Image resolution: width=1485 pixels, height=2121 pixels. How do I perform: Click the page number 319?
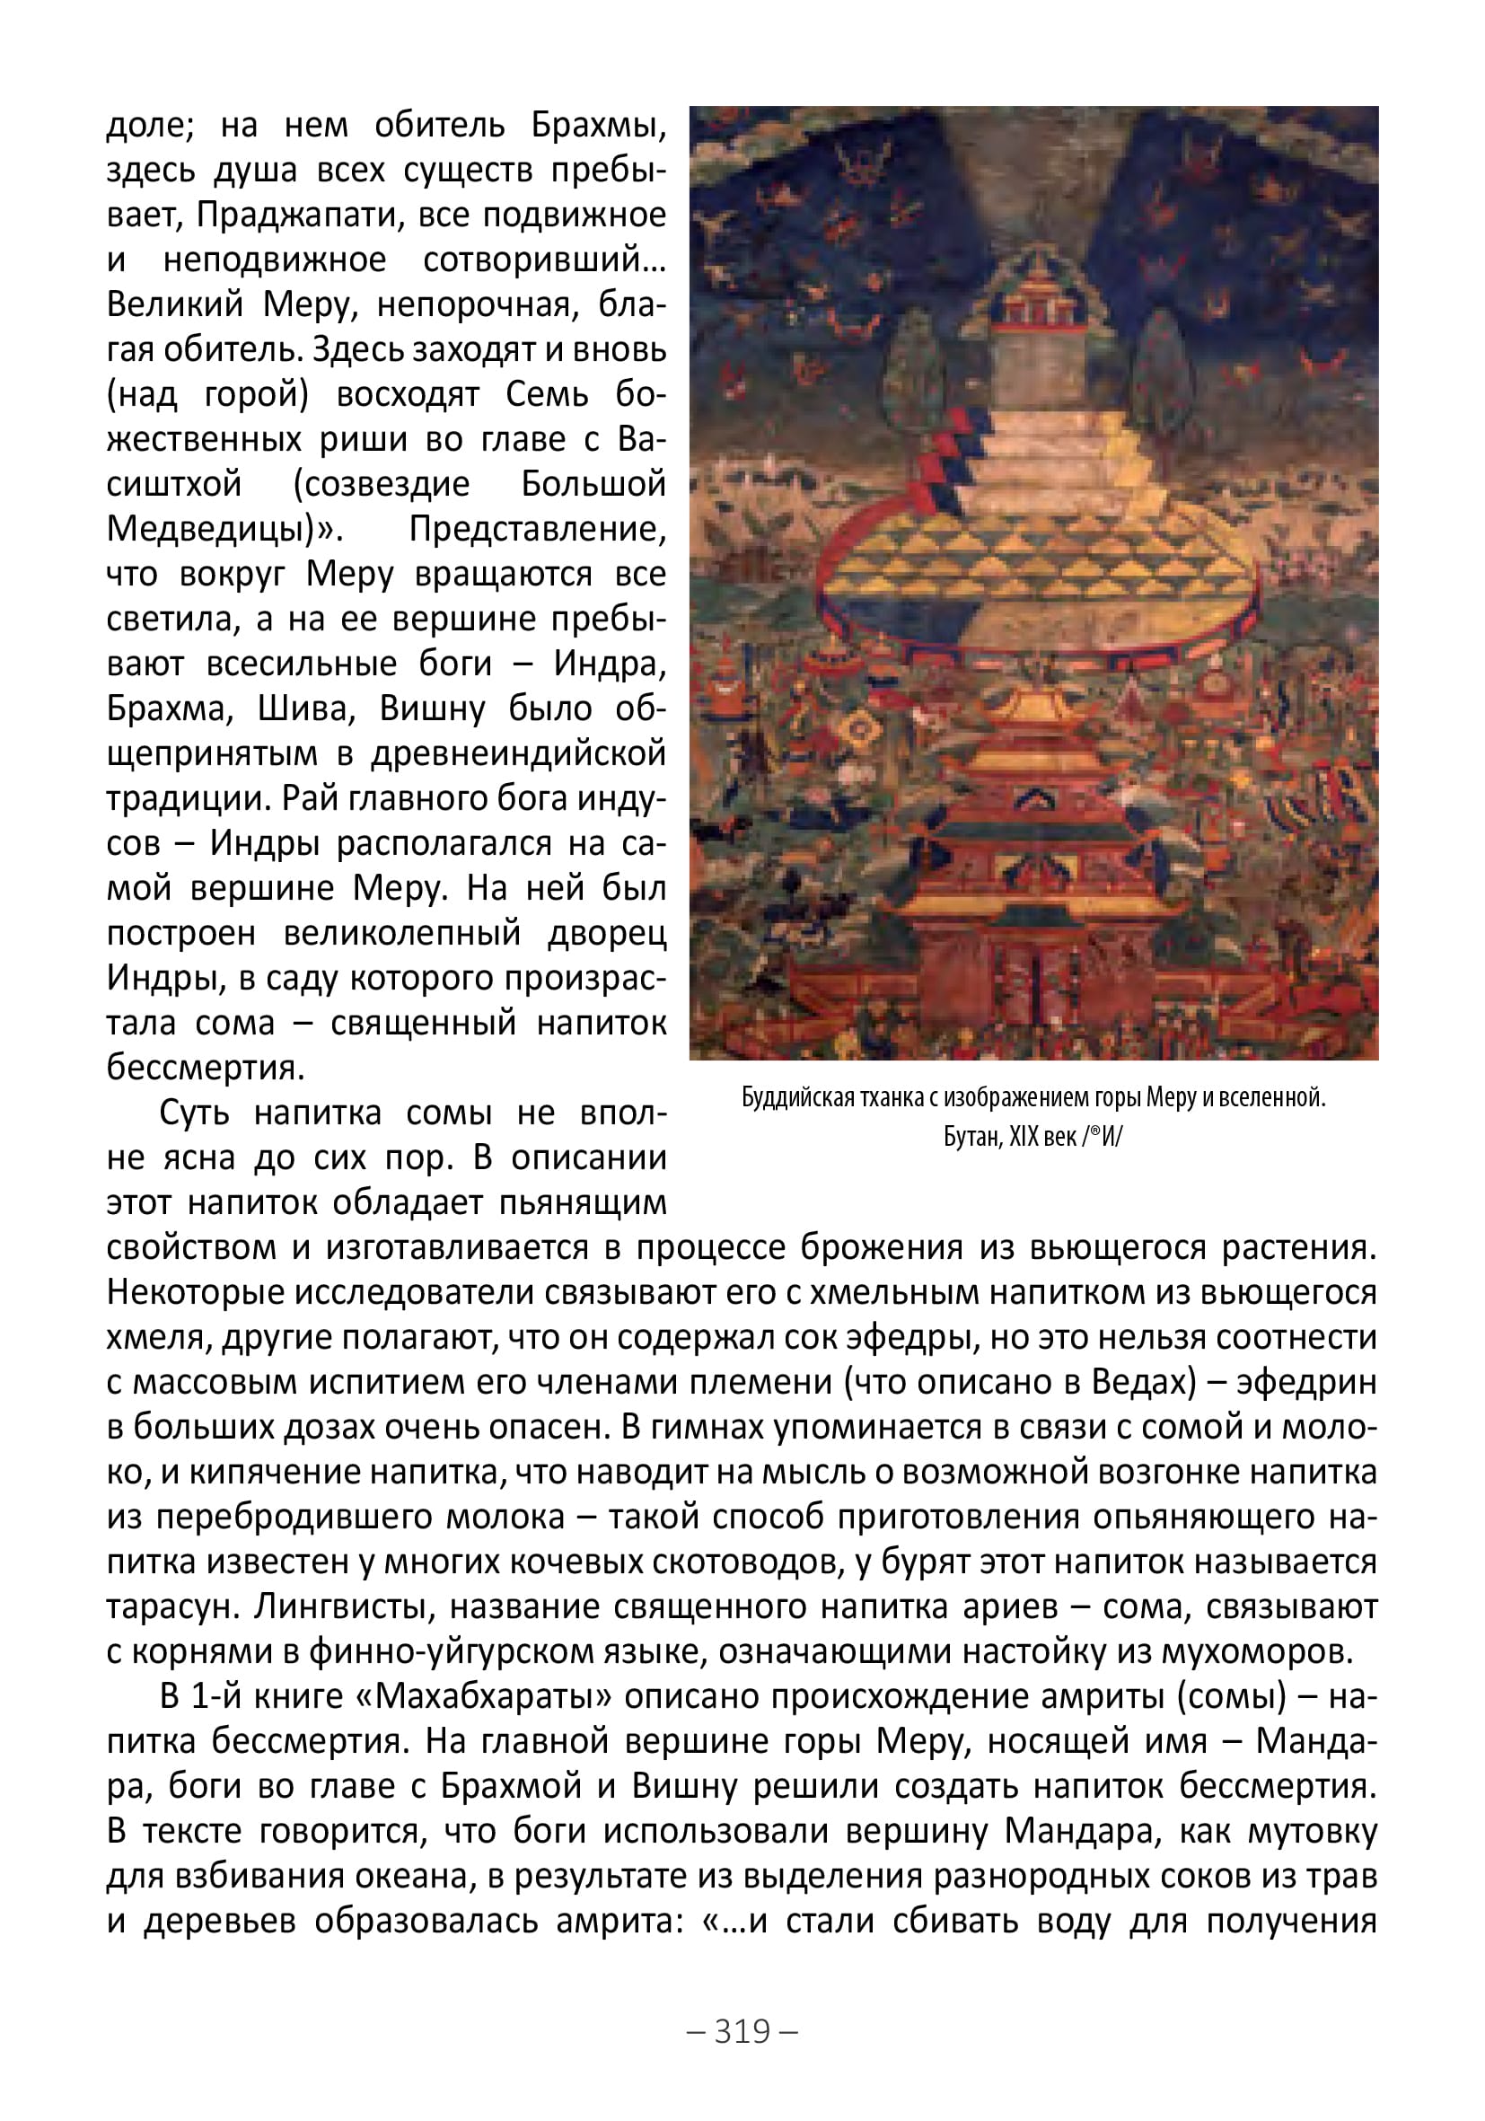coord(742,2030)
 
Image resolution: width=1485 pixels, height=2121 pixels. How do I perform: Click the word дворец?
coord(607,933)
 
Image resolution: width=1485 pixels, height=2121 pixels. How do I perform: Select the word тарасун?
coord(168,1606)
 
